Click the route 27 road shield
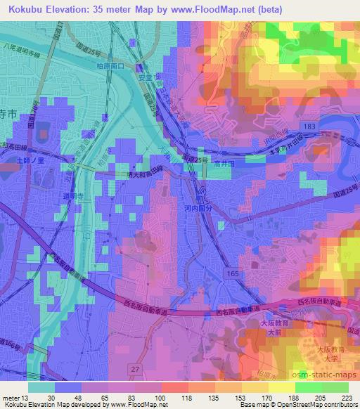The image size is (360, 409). coord(136,369)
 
